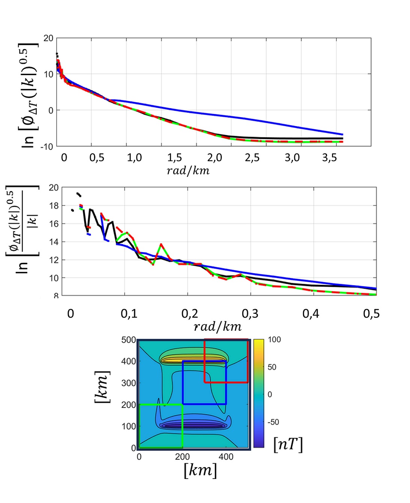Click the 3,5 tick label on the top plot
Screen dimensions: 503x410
329,157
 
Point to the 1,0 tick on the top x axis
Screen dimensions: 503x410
134,157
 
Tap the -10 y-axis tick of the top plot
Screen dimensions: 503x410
47,146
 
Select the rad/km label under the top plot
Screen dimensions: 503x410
188,171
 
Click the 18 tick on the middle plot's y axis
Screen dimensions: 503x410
54,206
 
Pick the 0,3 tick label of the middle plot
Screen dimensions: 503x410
250,313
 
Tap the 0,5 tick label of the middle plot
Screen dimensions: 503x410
371,313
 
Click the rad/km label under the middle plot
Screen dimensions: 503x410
217,327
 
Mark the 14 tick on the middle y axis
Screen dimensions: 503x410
54,242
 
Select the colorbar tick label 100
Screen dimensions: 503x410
274,340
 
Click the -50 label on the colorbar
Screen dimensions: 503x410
273,422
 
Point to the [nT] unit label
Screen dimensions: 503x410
288,444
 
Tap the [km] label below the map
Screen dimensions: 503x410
200,470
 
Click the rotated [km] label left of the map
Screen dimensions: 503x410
102,387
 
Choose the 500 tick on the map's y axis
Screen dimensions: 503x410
128,340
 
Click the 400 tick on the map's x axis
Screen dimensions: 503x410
226,457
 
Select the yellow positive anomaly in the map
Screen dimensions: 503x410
192,360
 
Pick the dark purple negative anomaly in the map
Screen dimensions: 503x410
192,425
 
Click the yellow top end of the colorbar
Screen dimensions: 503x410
258,342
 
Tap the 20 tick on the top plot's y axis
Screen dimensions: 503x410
48,38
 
